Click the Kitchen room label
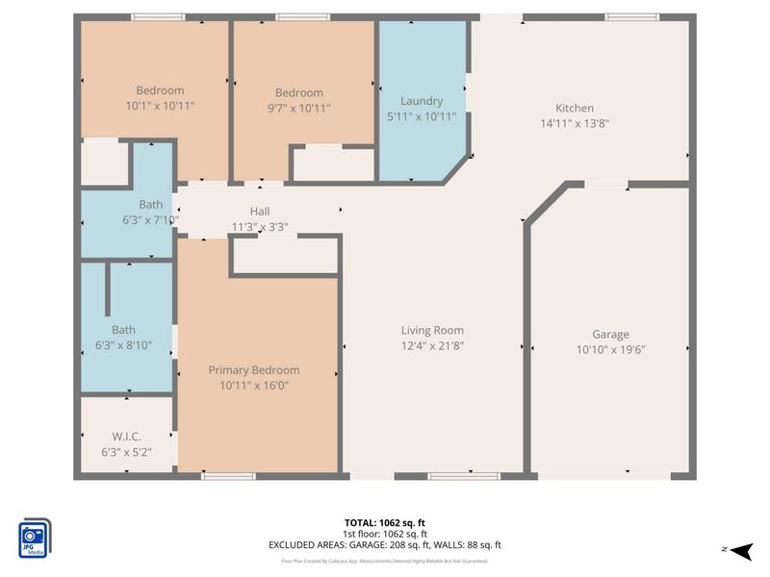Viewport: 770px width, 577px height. (x=575, y=108)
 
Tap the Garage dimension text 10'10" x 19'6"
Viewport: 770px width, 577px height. (x=610, y=350)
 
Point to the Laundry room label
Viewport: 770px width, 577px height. (x=422, y=101)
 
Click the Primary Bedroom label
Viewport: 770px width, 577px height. (x=254, y=370)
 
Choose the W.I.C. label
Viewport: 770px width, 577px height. (x=125, y=436)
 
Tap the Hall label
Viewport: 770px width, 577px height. (x=260, y=212)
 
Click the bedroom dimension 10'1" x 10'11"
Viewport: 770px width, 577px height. (x=161, y=106)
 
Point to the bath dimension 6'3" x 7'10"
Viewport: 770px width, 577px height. (x=151, y=219)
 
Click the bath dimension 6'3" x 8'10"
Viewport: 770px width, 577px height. (x=124, y=345)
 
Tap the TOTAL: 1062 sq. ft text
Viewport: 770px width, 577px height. (x=385, y=522)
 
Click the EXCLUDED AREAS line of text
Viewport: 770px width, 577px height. (x=385, y=545)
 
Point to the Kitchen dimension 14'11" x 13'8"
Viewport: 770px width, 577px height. (x=575, y=123)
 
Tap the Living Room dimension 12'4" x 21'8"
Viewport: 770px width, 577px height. (x=432, y=345)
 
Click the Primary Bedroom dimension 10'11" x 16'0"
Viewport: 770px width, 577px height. (x=254, y=386)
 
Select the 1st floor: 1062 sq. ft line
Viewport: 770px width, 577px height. (x=385, y=534)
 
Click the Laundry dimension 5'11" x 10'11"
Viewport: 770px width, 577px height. (x=422, y=116)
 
